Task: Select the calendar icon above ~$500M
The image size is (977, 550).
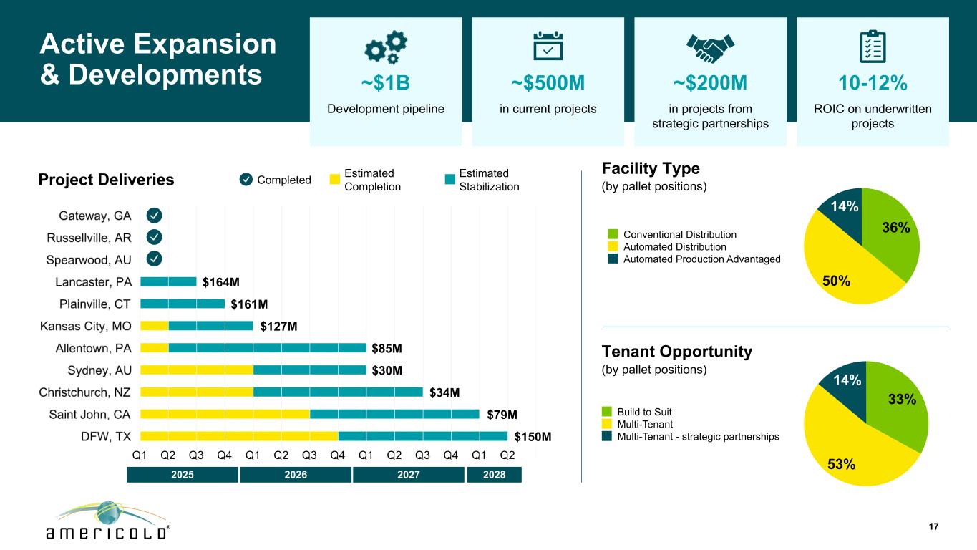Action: (x=548, y=47)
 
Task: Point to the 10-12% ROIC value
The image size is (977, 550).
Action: (x=873, y=84)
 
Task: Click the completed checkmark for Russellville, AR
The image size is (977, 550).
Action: (x=155, y=237)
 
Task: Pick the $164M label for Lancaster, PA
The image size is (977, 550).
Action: (x=220, y=282)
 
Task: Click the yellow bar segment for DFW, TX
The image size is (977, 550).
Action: (x=239, y=436)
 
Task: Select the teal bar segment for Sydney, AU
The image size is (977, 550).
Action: (x=310, y=370)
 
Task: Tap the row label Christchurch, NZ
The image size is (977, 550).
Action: (x=85, y=392)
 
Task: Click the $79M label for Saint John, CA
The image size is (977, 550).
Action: (x=502, y=415)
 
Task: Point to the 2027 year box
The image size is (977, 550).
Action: (x=409, y=475)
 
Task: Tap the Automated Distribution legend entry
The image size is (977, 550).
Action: (x=674, y=246)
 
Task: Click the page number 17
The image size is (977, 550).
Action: (x=933, y=527)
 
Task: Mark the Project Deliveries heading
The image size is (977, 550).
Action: (x=106, y=180)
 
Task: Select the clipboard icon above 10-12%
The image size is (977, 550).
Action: (x=872, y=47)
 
